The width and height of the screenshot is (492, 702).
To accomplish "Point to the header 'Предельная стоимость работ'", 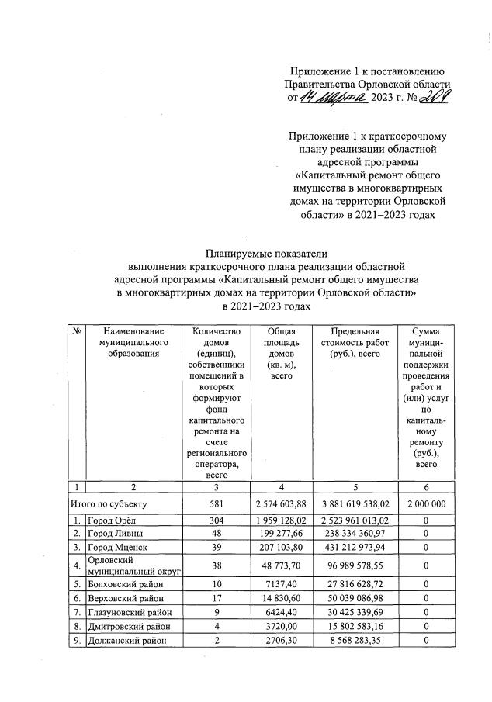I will [354, 343].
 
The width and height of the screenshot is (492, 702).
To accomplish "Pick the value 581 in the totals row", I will [217, 503].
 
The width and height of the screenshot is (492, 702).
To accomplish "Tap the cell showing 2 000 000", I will [426, 503].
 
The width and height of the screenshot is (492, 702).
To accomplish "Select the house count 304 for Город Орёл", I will [217, 519].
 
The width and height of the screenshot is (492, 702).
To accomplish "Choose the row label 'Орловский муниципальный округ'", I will [132, 565].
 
